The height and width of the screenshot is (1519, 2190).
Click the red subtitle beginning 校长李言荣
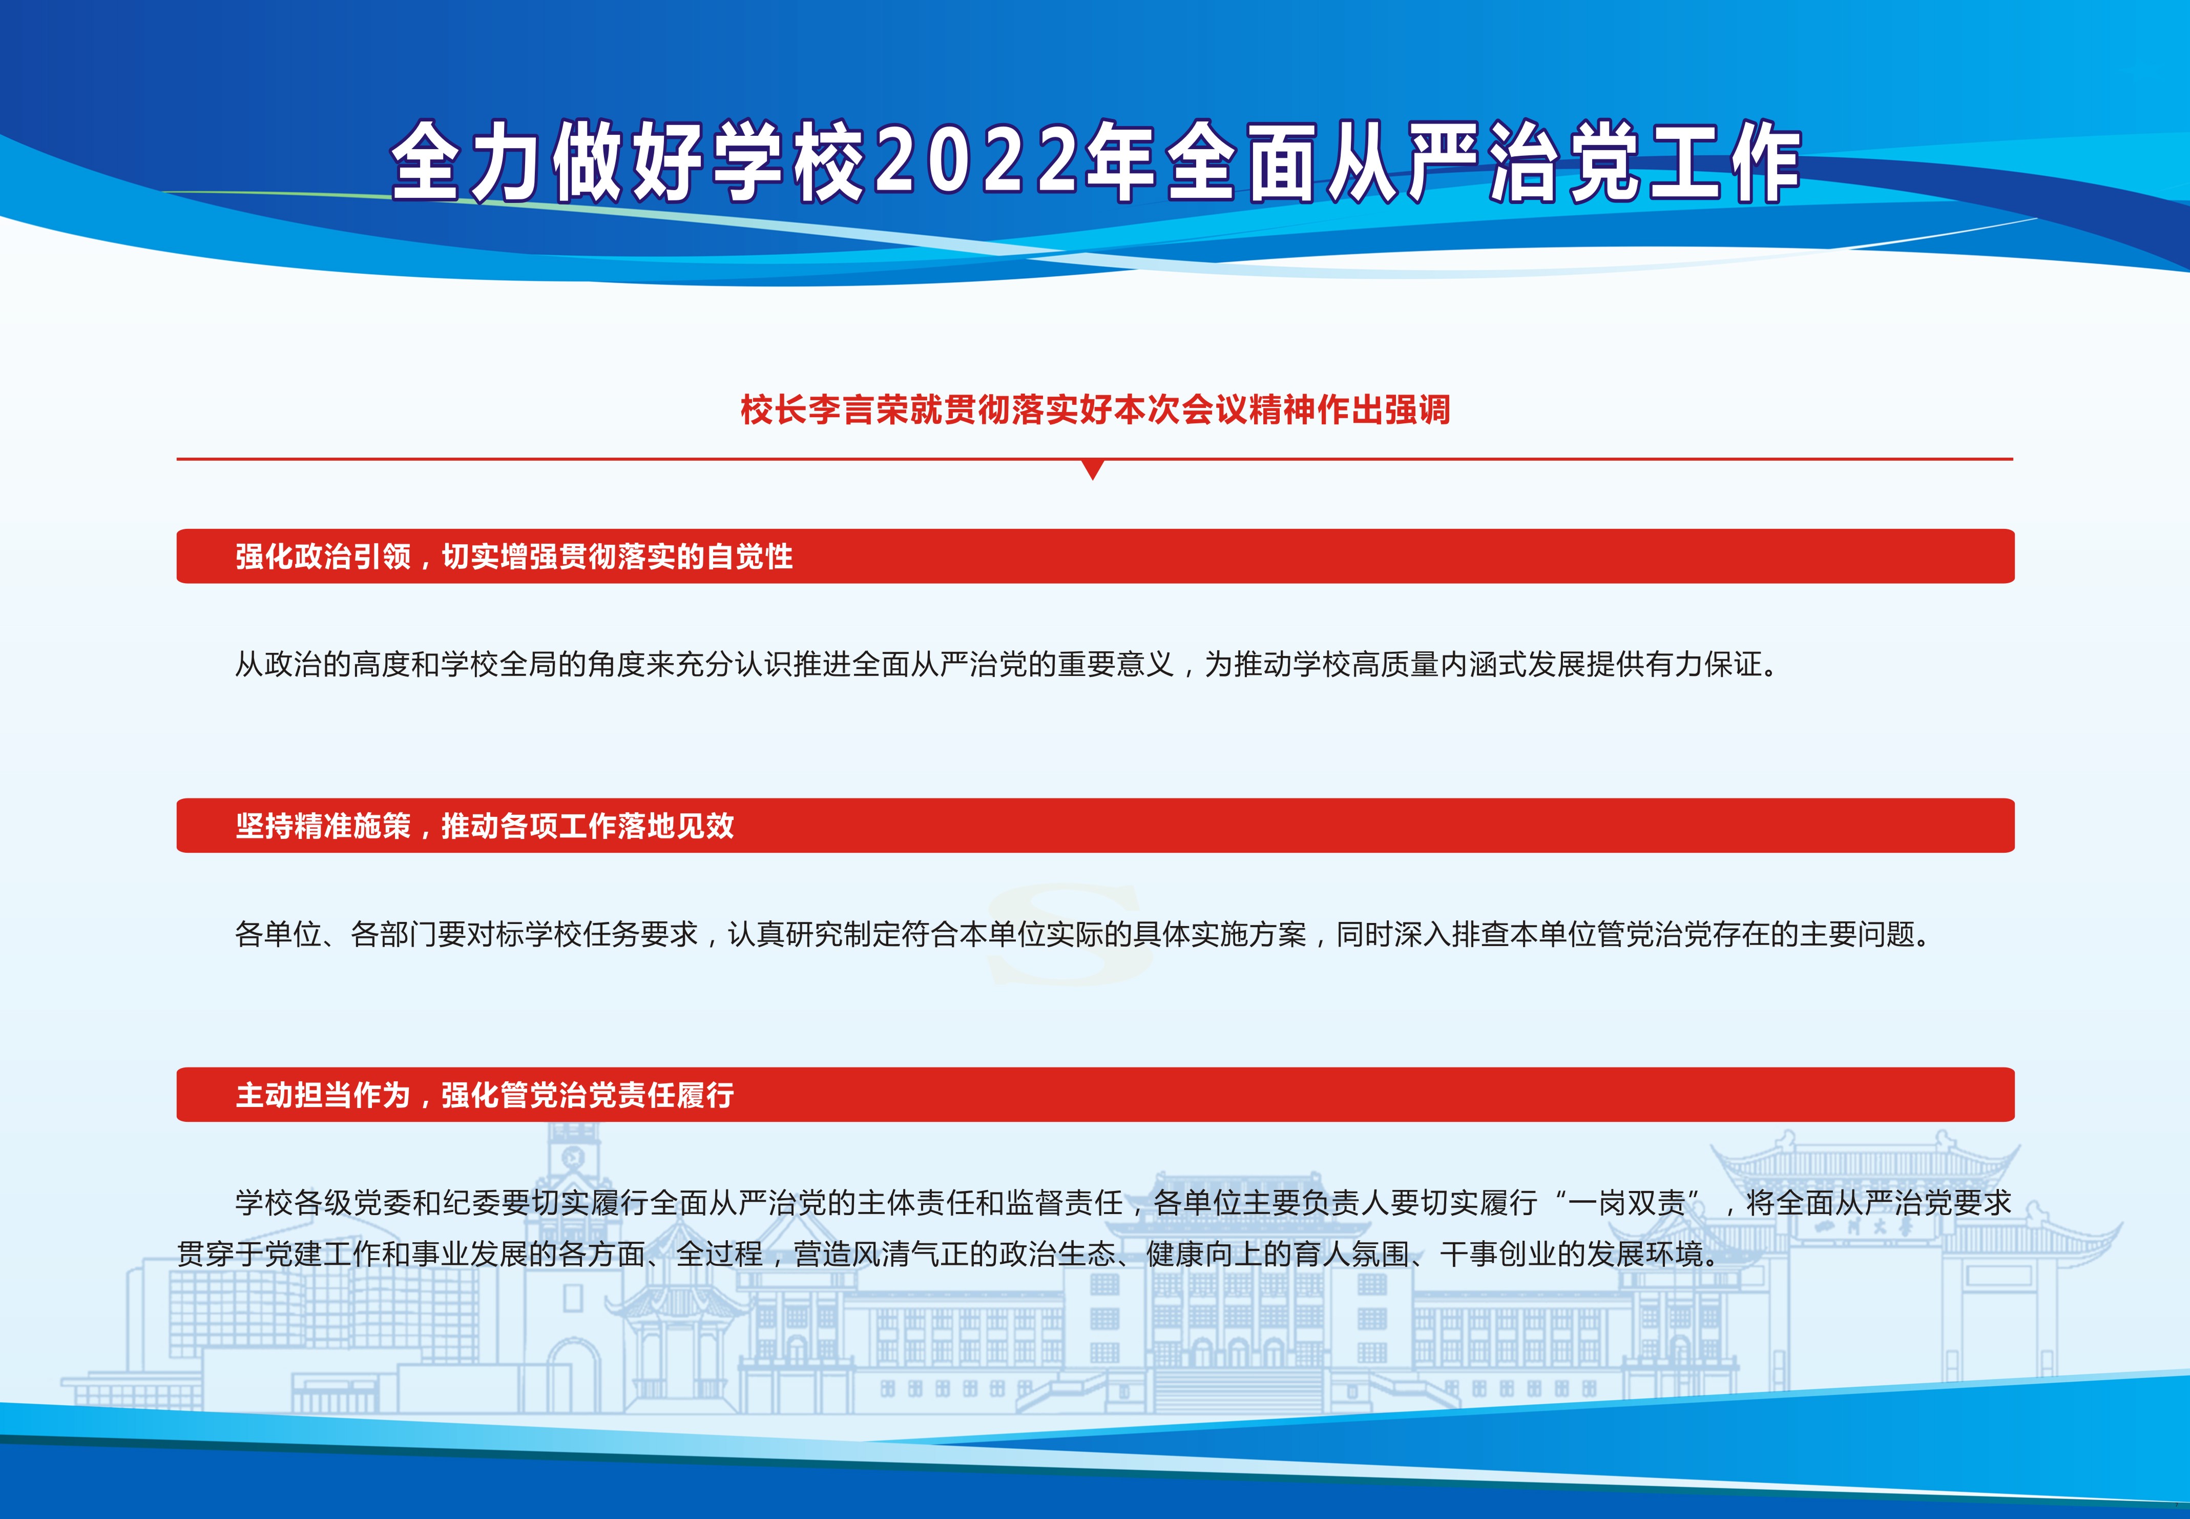pyautogui.click(x=1095, y=409)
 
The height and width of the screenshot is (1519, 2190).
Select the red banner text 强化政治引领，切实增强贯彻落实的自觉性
pyautogui.click(x=514, y=556)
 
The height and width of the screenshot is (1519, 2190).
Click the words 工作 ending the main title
pyautogui.click(x=1724, y=162)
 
